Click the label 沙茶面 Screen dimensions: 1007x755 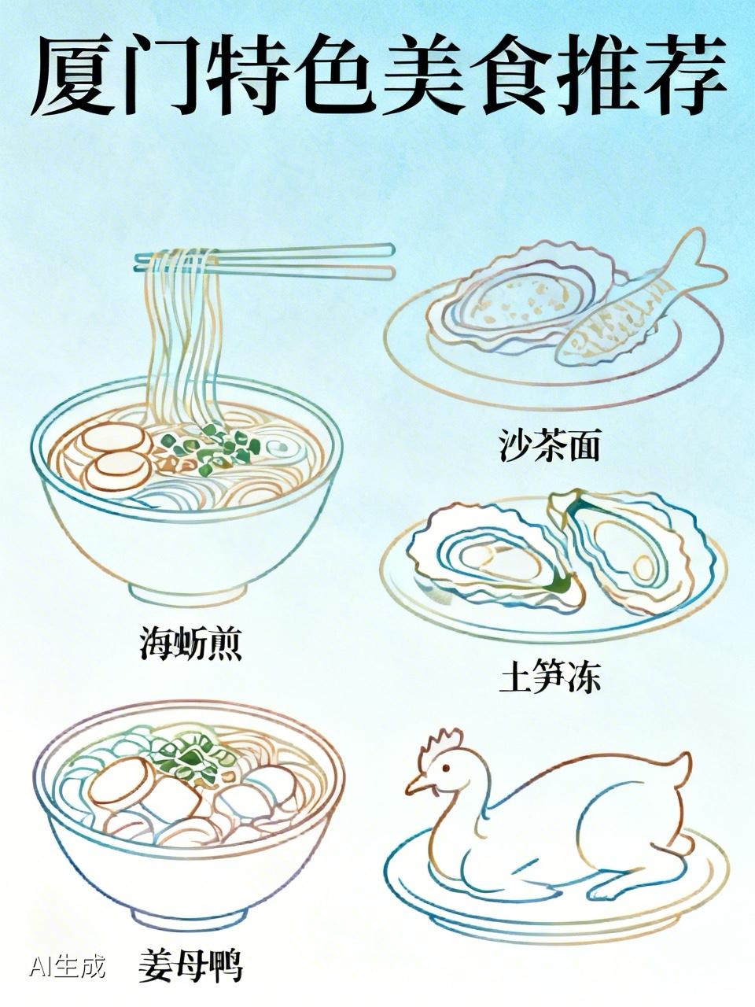(550, 445)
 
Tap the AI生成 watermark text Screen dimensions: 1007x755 (67, 966)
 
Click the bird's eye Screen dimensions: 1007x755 (444, 769)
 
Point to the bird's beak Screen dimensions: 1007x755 (415, 784)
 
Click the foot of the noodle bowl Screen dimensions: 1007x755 (189, 588)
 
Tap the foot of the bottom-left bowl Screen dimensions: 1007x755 (187, 914)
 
